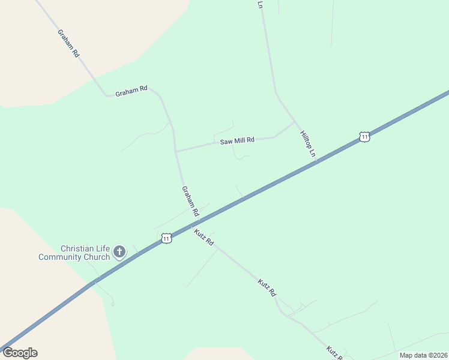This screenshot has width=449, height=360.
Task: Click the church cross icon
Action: (119, 251)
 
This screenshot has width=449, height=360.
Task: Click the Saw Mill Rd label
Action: (237, 140)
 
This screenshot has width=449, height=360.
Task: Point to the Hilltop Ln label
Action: (307, 144)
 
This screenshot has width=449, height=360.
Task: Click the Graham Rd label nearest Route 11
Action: (190, 201)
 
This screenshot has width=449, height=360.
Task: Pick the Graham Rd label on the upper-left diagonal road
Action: (68, 43)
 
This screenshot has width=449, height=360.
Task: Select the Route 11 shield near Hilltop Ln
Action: (364, 137)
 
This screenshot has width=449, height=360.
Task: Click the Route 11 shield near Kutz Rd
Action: (166, 238)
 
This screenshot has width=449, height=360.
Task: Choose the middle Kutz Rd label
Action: (267, 288)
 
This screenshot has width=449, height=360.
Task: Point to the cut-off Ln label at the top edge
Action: (260, 4)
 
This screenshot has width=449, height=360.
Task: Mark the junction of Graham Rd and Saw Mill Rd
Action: (176, 151)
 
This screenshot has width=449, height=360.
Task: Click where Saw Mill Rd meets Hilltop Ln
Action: (294, 122)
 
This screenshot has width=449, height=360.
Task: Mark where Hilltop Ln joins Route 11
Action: (318, 160)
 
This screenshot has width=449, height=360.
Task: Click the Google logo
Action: (20, 353)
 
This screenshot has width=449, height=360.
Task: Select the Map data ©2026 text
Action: (423, 355)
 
